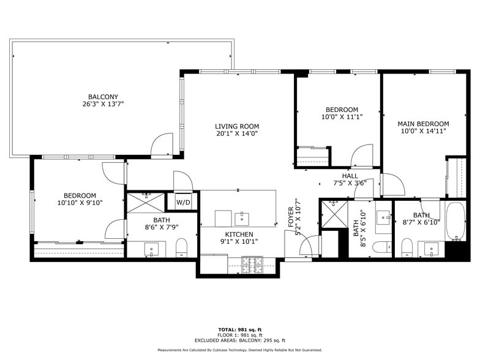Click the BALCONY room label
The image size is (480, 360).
click(x=103, y=97)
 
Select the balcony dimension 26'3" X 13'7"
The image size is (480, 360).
click(x=103, y=104)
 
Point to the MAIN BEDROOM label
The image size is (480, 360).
click(x=423, y=123)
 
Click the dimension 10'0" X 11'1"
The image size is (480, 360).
click(x=342, y=116)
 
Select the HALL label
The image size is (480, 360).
click(x=350, y=176)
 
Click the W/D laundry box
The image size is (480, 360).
click(x=183, y=201)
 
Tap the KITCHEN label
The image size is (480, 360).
click(x=239, y=234)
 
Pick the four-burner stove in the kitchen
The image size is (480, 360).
click(x=252, y=265)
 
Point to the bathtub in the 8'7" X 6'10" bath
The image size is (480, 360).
click(x=455, y=222)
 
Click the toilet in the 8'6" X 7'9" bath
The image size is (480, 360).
click(x=181, y=248)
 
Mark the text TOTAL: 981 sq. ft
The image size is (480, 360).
click(x=239, y=329)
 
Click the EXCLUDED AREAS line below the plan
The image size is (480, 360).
click(x=239, y=340)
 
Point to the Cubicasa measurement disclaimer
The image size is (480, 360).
click(x=239, y=350)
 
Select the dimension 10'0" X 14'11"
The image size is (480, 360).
click(x=423, y=130)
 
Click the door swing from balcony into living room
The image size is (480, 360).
click(x=162, y=146)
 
